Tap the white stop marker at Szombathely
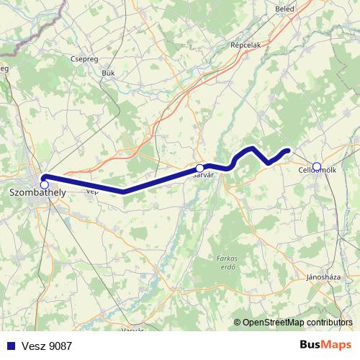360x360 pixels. coord(45,185)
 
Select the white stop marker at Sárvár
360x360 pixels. coord(199,168)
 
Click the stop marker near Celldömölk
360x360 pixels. coord(317,166)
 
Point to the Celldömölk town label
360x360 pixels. coord(318,171)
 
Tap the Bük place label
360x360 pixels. coord(109,73)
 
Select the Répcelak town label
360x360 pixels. coord(244,44)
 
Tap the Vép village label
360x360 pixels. coord(91,192)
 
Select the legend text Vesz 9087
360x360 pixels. coord(47,346)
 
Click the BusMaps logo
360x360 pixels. coord(325,345)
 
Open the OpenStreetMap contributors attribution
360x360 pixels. coord(297,322)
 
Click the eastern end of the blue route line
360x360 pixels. coord(288,150)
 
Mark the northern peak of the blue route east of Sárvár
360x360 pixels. coord(252,148)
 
